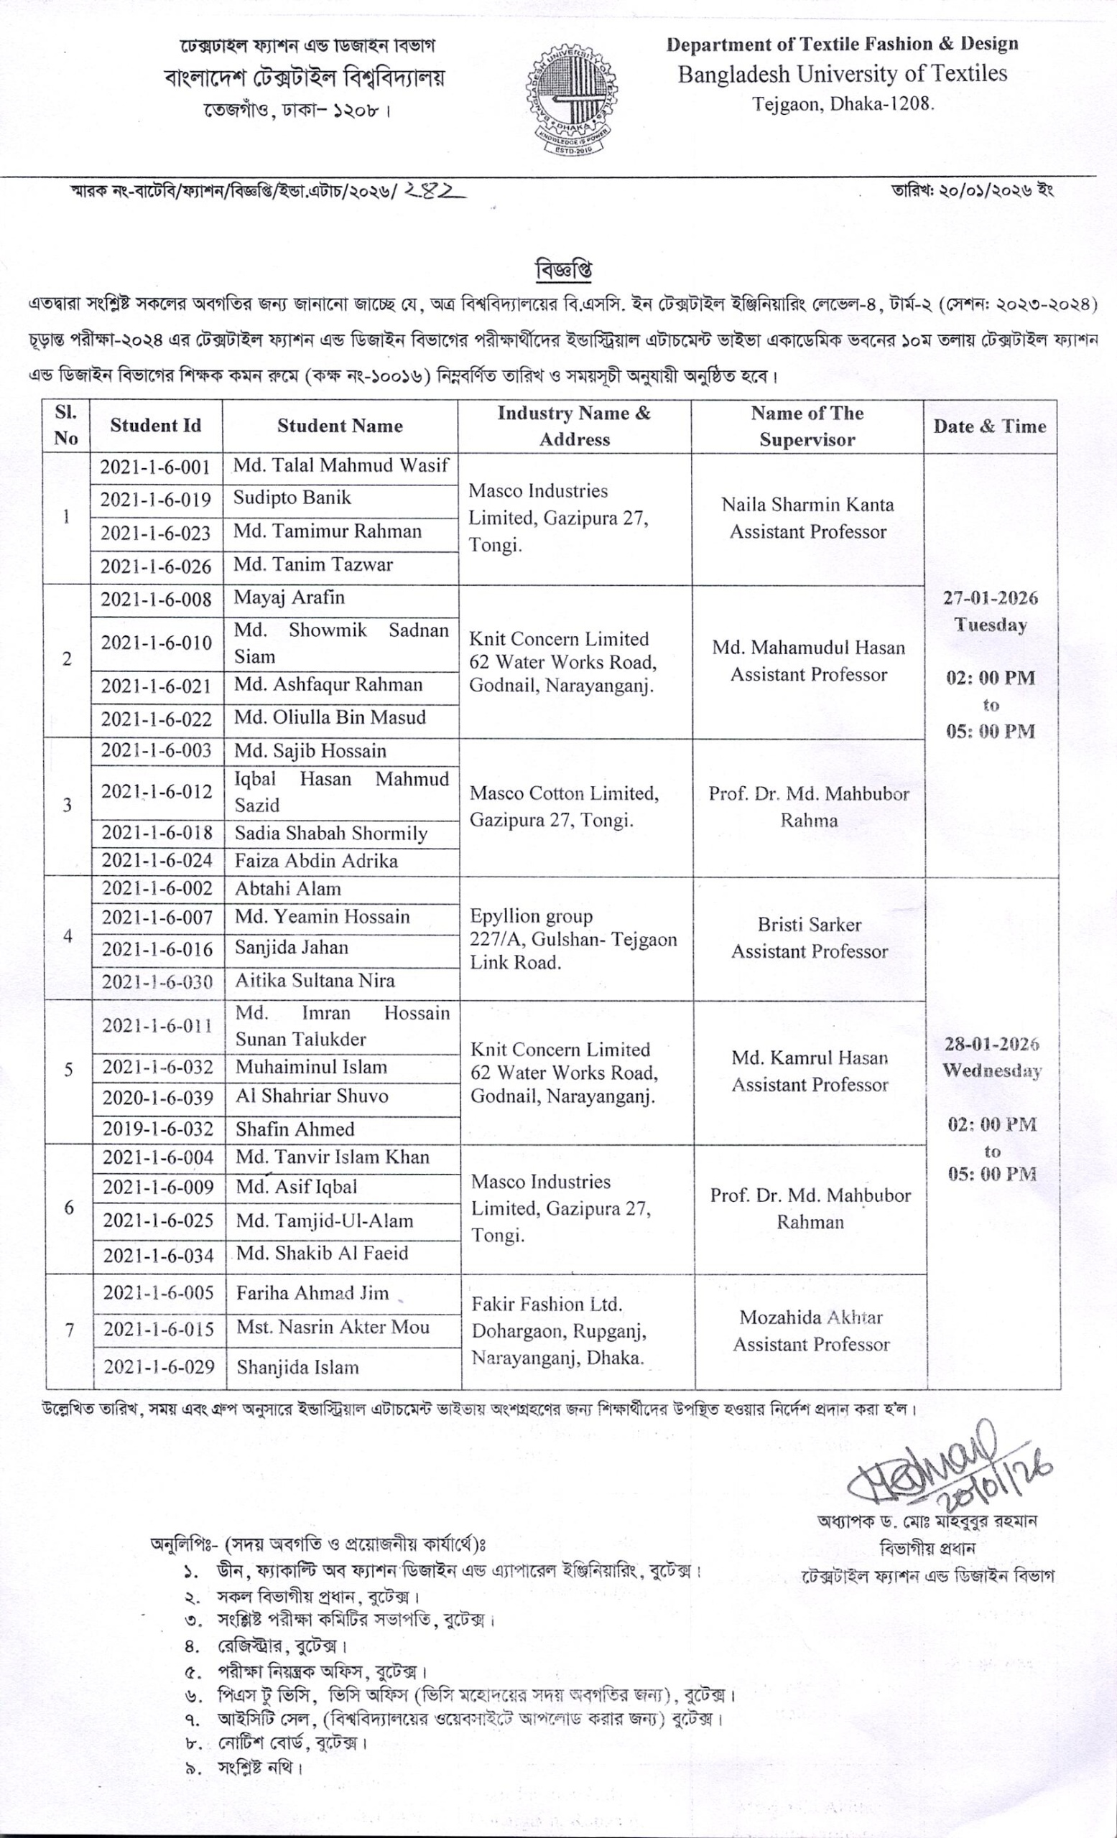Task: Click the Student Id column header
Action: (x=155, y=426)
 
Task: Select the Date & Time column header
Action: (x=989, y=426)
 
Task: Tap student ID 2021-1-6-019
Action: (x=155, y=500)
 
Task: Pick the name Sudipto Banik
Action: (x=292, y=498)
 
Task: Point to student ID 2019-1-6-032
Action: (x=157, y=1129)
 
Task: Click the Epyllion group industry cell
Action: (x=573, y=939)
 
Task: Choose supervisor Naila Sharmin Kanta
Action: (x=807, y=505)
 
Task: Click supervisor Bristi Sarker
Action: (x=810, y=925)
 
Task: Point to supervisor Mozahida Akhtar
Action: (x=811, y=1318)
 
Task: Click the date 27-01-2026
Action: (x=989, y=598)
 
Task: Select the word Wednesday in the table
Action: (x=991, y=1071)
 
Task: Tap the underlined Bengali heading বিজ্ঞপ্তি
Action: (x=564, y=270)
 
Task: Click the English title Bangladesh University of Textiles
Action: (x=843, y=74)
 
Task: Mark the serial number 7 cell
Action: (x=70, y=1330)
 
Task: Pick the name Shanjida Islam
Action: (x=297, y=1367)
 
